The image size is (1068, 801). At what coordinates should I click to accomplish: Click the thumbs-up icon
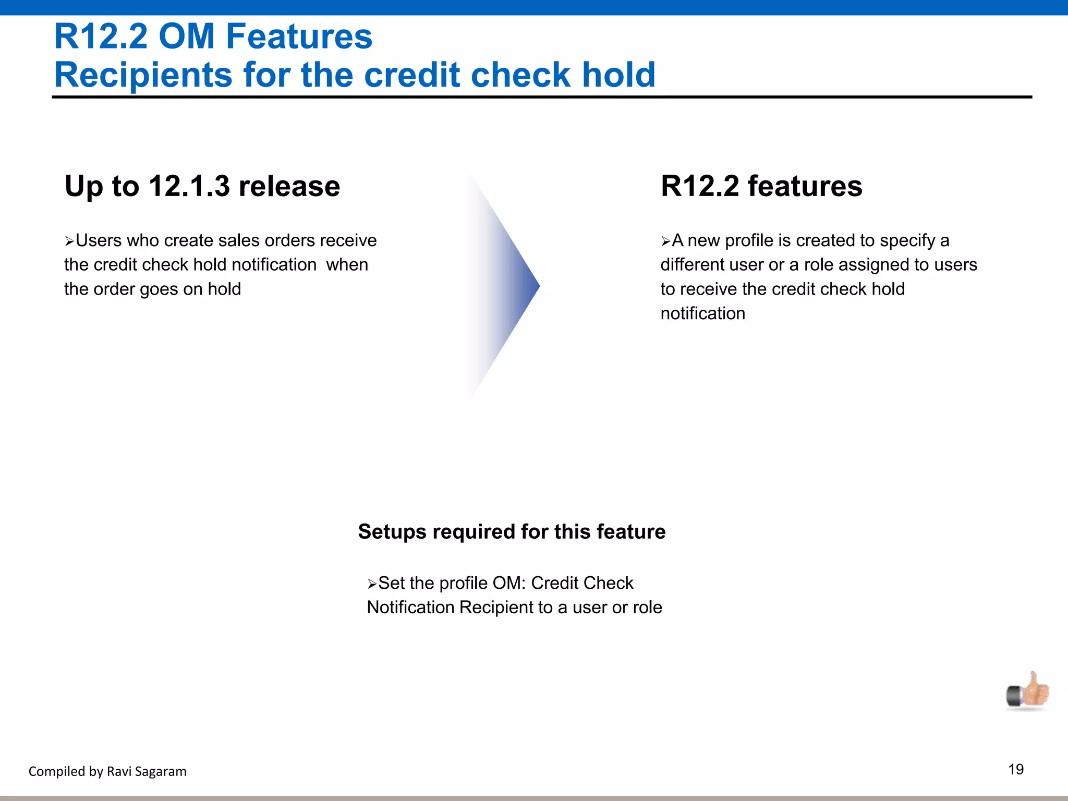pos(1028,691)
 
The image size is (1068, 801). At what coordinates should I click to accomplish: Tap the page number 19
pos(1015,770)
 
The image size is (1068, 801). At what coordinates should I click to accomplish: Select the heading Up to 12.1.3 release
pos(202,186)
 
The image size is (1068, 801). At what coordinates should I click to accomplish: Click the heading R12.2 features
pos(761,186)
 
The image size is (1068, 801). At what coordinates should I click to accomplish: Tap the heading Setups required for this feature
pos(512,532)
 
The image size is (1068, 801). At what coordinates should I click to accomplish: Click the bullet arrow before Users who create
pos(69,241)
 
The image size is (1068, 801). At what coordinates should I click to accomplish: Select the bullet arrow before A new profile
pos(666,241)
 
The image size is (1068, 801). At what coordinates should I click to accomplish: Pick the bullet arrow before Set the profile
pos(372,584)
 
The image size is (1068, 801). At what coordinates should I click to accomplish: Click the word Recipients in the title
pos(143,75)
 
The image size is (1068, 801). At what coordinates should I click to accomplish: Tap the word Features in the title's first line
pos(299,37)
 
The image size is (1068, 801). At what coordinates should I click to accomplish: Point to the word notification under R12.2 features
pos(702,313)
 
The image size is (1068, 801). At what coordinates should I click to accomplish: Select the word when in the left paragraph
pos(347,265)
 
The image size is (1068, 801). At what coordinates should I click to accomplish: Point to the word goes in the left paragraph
pos(159,289)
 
